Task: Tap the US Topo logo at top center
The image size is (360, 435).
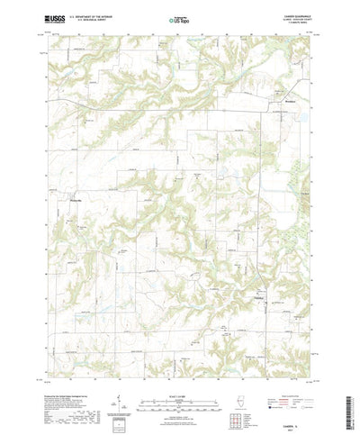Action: [180, 18]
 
